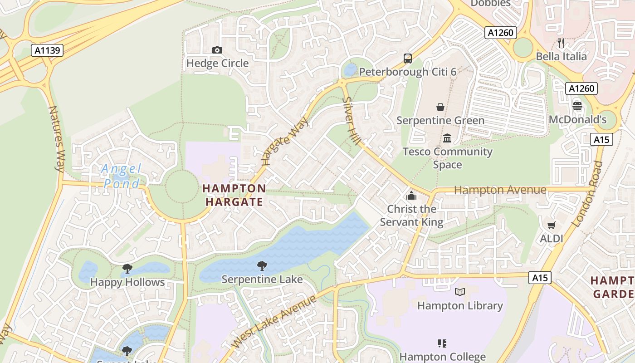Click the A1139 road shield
coord(47,50)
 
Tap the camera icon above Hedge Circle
coord(217,50)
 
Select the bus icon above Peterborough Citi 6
coord(408,58)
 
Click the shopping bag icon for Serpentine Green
coord(440,107)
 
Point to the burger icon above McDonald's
coord(577,106)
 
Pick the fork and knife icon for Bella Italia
coord(561,43)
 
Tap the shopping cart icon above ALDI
coord(552,225)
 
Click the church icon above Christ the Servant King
coord(411,196)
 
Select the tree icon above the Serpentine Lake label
coord(262,266)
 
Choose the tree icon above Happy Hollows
coord(127,269)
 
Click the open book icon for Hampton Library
coord(460,292)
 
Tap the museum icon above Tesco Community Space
coord(447,138)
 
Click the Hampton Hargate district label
coord(234,195)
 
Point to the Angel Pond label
coord(122,176)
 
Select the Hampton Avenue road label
coord(500,190)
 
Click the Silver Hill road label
coord(351,121)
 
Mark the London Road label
coord(588,194)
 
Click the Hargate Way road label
coord(285,141)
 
